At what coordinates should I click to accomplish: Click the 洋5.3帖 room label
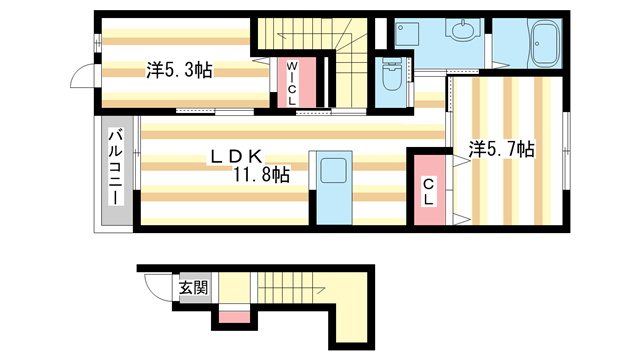(x=179, y=70)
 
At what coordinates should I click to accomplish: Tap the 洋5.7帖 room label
(x=501, y=149)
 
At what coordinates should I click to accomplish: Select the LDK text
(x=236, y=156)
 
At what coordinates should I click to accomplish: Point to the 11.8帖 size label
(x=261, y=175)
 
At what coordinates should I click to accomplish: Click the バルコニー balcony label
(x=116, y=166)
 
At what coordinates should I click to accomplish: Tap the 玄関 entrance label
(x=194, y=288)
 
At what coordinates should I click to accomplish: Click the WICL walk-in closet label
(x=292, y=83)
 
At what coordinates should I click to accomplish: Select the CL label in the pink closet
(x=428, y=192)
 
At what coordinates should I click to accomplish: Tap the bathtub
(x=545, y=43)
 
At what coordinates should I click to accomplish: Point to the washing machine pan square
(x=407, y=33)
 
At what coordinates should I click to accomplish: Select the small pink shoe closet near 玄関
(x=234, y=317)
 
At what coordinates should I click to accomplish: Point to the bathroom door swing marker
(x=501, y=65)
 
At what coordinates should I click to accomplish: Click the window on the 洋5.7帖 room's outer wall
(x=567, y=151)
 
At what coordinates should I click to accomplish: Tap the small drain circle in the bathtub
(x=538, y=43)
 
